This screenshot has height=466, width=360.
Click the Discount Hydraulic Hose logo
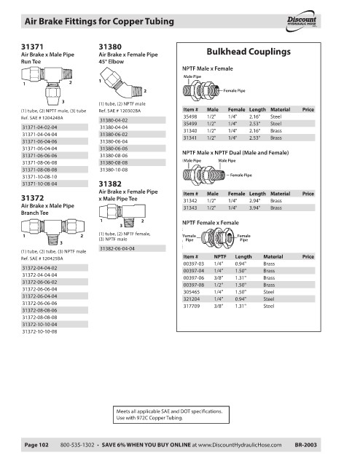point(302,21)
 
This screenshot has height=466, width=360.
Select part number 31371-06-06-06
point(39,155)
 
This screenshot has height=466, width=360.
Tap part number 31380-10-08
point(114,170)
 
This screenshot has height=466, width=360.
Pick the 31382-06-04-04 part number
point(117,248)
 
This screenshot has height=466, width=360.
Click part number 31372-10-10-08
point(39,331)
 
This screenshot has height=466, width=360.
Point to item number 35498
point(190,116)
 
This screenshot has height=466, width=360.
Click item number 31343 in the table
point(190,208)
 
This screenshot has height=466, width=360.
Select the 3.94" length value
point(254,208)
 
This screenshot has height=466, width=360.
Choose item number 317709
point(192,306)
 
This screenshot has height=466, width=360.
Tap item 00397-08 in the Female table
point(194,285)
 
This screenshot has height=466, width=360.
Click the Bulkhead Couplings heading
point(249,52)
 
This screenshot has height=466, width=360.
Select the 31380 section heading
point(110,47)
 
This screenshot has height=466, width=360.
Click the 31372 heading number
point(33,198)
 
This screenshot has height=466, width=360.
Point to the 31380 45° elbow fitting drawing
point(121,83)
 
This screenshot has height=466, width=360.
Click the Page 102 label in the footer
point(36,445)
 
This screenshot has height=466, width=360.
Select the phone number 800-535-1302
point(77,445)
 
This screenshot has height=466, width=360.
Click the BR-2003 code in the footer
point(305,445)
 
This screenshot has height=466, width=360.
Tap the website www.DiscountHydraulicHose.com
point(240,445)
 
